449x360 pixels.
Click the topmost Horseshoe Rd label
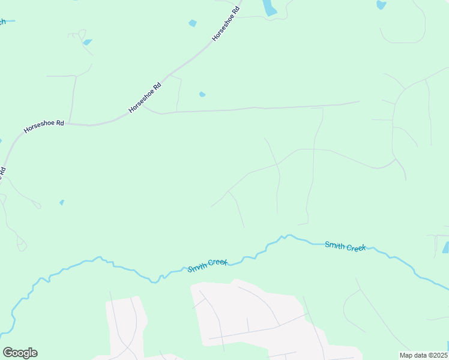tap(226, 23)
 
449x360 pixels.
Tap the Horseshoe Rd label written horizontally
tap(44, 126)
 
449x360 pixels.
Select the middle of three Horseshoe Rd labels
tap(146, 98)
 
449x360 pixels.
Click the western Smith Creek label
tap(207, 266)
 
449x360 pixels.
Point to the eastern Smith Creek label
tap(345, 246)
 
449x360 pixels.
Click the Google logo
tap(20, 353)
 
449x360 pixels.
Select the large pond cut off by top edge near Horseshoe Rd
tap(269, 7)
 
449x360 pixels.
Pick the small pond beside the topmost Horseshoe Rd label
tap(193, 23)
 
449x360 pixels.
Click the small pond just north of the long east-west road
tap(202, 94)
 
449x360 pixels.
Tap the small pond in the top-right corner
tap(381, 5)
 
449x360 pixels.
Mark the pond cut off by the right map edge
tap(445, 247)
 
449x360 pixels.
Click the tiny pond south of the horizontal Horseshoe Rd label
tap(62, 202)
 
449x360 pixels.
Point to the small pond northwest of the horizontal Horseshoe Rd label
tap(88, 43)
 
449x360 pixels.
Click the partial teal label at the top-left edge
tap(2, 22)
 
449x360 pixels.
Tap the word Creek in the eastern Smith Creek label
tap(356, 247)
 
